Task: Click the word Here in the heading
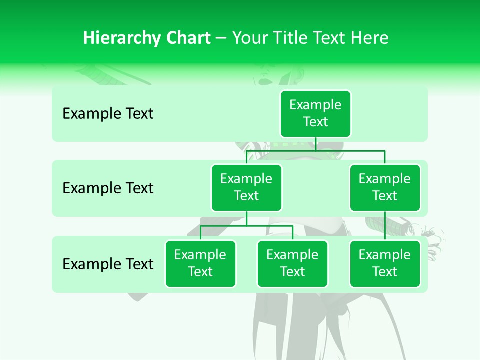pos(369,38)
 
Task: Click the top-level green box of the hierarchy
pos(315,113)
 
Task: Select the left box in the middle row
pos(246,187)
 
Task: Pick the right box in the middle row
pos(385,187)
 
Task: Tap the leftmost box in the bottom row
pos(200,263)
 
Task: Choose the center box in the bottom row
pos(292,263)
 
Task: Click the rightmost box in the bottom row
pos(385,263)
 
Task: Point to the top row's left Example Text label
pos(108,114)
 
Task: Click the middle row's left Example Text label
pos(108,188)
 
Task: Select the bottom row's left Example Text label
pos(108,264)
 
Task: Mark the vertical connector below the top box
pos(315,144)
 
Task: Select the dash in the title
pos(221,38)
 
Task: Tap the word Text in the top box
pos(315,122)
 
